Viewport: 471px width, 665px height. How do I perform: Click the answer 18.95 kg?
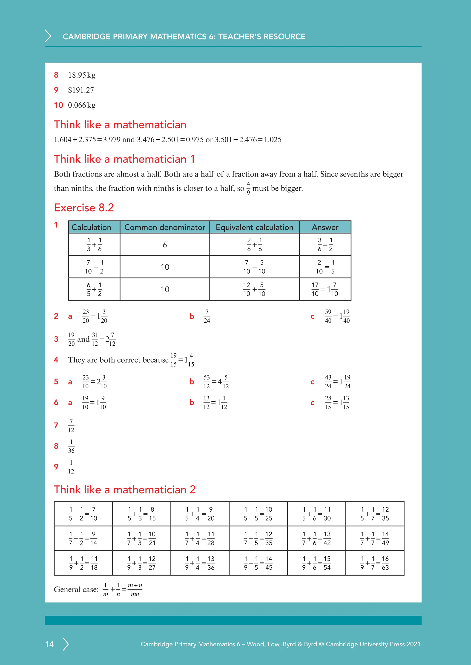pyautogui.click(x=81, y=75)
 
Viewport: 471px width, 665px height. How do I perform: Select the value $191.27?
pyautogui.click(x=81, y=90)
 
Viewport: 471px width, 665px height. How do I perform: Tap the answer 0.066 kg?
pyautogui.click(x=81, y=105)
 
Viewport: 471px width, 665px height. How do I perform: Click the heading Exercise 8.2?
pyautogui.click(x=84, y=208)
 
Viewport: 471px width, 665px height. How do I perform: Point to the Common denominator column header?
pyautogui.click(x=164, y=227)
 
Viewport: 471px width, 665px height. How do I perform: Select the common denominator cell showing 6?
pyautogui.click(x=164, y=245)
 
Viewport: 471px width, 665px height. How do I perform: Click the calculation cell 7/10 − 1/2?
pyautogui.click(x=94, y=267)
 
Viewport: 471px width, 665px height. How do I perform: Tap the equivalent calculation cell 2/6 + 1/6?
pyautogui.click(x=254, y=245)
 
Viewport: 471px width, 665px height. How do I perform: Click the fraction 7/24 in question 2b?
pyautogui.click(x=207, y=316)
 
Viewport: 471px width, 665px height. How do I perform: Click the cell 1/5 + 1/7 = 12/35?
pyautogui.click(x=375, y=514)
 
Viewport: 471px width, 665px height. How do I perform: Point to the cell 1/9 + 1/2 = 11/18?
pyautogui.click(x=83, y=563)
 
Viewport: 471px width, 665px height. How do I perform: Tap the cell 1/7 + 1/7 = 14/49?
pyautogui.click(x=375, y=538)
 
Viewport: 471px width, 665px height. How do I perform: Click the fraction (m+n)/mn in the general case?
pyautogui.click(x=135, y=590)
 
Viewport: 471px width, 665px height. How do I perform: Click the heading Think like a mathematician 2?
pyautogui.click(x=125, y=490)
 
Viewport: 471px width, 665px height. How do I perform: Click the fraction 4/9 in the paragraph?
pyautogui.click(x=248, y=188)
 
